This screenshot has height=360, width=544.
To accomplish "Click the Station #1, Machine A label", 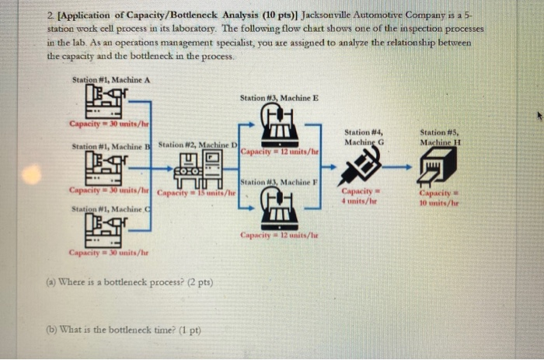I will click(x=110, y=80).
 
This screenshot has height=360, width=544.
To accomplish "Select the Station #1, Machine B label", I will click(x=112, y=145).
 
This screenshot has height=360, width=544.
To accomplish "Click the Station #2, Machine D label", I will click(x=198, y=145).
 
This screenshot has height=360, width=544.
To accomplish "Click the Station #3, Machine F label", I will click(x=279, y=182).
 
